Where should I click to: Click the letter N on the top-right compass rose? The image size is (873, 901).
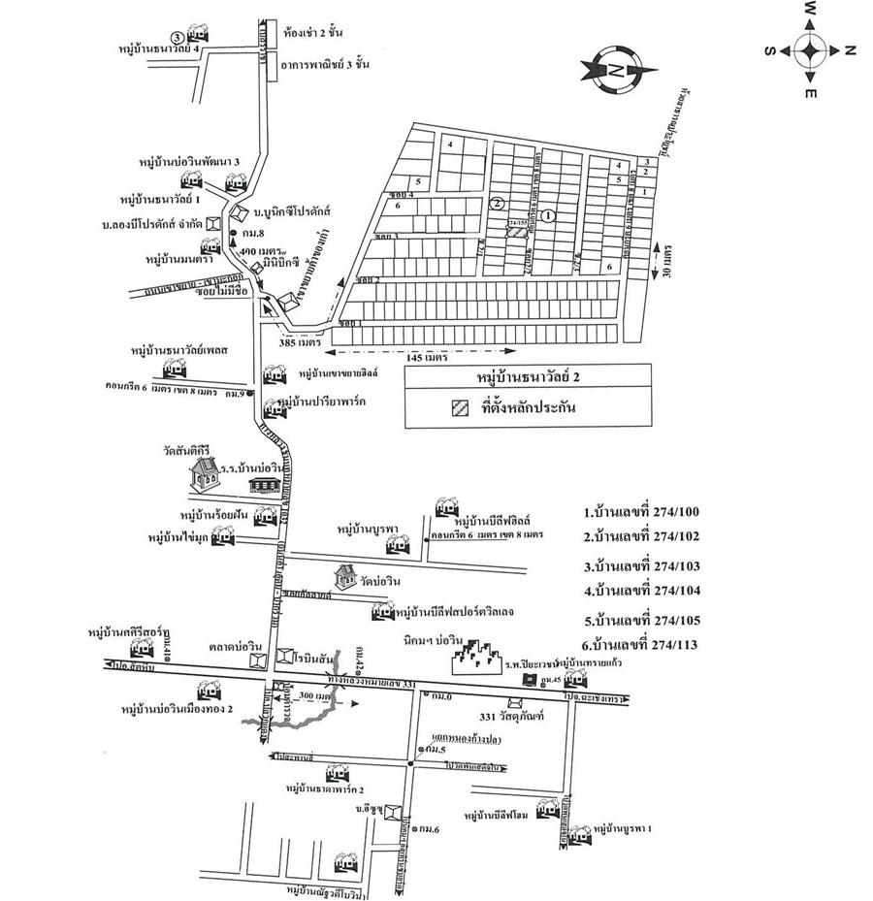coord(851,48)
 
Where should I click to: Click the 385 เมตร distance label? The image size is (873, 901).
coord(299,343)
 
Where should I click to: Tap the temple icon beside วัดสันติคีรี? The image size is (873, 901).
coord(204,472)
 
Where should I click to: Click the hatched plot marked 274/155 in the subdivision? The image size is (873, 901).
coord(521,228)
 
